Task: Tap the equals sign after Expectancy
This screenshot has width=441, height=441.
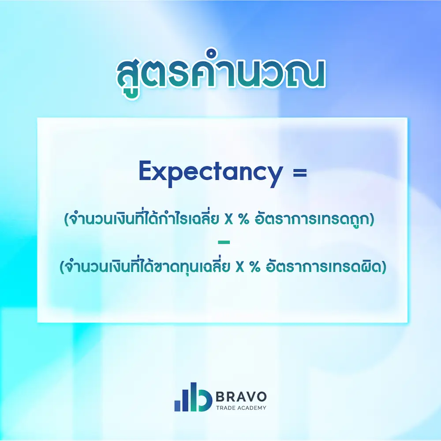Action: (x=299, y=172)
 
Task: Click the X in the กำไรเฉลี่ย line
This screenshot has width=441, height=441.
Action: (x=228, y=220)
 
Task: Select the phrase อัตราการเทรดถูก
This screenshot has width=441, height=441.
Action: (x=313, y=220)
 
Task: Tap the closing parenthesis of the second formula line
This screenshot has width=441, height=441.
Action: (x=383, y=267)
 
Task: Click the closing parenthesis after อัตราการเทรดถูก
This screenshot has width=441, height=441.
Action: (x=372, y=220)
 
